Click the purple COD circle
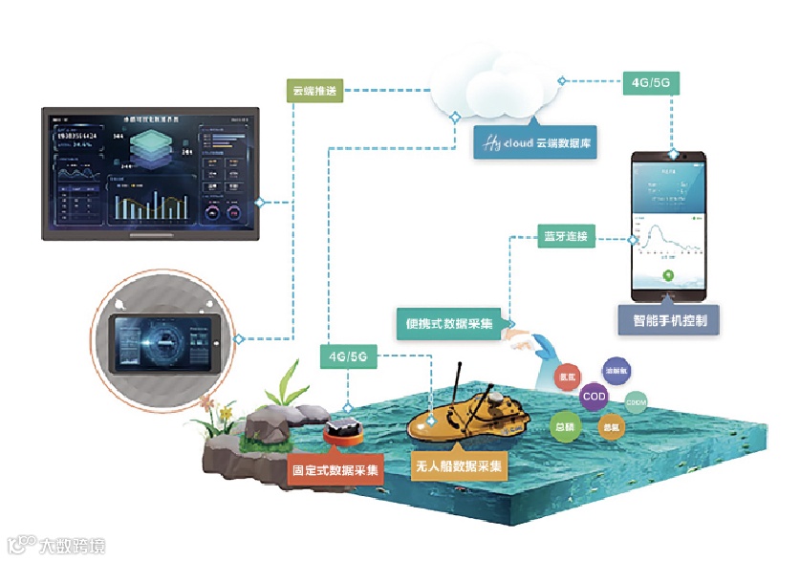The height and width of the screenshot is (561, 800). (x=593, y=396)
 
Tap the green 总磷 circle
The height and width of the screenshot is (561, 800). (x=566, y=428)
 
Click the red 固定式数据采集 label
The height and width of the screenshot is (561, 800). (x=336, y=470)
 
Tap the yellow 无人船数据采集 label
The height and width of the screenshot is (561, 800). (x=458, y=465)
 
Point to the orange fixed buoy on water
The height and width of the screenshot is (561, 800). (x=341, y=431)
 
